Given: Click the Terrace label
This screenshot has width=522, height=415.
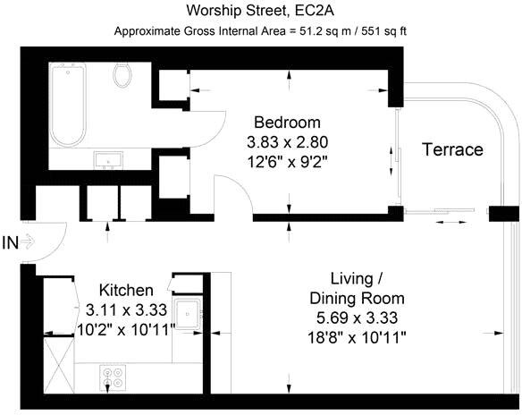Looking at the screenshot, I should click(451, 149).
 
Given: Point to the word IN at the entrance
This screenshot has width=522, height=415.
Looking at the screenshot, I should click(11, 241).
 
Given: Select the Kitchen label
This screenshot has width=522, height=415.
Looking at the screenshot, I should click(125, 291).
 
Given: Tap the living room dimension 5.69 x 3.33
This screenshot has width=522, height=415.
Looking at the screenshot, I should click(357, 318).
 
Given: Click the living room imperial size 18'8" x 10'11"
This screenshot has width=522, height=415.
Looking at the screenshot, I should click(357, 336).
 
